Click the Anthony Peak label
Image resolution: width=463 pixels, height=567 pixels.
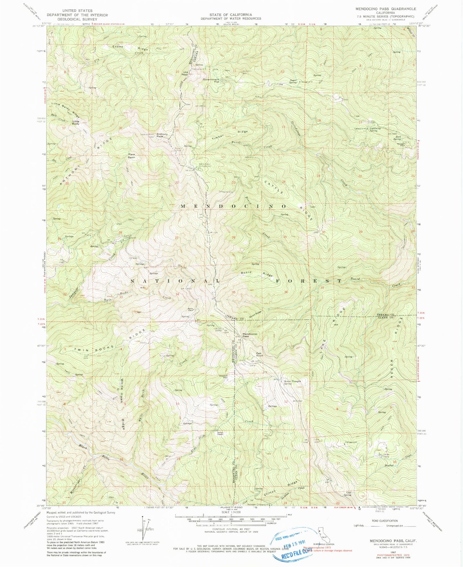tap(162, 136)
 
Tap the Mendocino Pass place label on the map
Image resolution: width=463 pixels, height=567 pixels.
tap(250, 335)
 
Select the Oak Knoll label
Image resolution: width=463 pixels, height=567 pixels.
tap(259, 354)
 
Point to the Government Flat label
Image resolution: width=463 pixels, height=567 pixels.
tap(211, 80)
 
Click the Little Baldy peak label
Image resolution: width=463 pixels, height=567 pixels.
tap(76, 122)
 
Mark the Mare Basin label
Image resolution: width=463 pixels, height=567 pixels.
tap(131, 156)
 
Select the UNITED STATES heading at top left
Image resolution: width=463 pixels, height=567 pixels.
tap(77, 11)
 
